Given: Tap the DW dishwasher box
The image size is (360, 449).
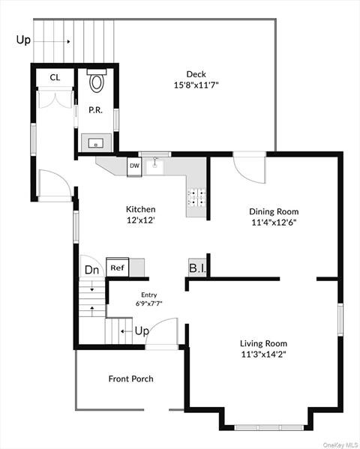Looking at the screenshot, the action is coord(134,166).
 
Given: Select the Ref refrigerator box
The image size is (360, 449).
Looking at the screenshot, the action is coord(118,268).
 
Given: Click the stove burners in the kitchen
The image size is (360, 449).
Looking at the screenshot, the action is coord(196,198).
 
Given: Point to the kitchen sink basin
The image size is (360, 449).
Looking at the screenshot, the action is coord(154,166).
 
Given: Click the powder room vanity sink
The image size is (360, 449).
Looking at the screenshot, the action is coord(96,143).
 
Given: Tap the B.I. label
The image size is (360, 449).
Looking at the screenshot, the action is coord(197,268).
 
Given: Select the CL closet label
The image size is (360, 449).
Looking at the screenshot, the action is coord(55,77).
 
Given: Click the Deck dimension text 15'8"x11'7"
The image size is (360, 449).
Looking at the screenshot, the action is coord(196,85).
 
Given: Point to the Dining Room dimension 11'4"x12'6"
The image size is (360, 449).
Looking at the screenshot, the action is coord(274,222).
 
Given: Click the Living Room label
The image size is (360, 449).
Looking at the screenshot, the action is coord(263,343).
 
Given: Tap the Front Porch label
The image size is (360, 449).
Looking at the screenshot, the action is coord(131,379).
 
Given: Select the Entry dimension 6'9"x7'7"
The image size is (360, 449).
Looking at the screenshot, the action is coord(149,304).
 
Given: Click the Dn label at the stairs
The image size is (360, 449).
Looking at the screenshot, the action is coord(92,270).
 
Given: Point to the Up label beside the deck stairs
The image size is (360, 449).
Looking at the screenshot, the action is coord(23,40).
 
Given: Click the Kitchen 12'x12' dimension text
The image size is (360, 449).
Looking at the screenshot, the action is coord(141,220).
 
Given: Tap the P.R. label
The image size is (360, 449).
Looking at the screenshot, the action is coord(95,110).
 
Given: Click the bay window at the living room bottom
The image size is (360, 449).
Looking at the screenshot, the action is coord(268,427).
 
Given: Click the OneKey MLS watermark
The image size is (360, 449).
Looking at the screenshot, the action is coord(340,445).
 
